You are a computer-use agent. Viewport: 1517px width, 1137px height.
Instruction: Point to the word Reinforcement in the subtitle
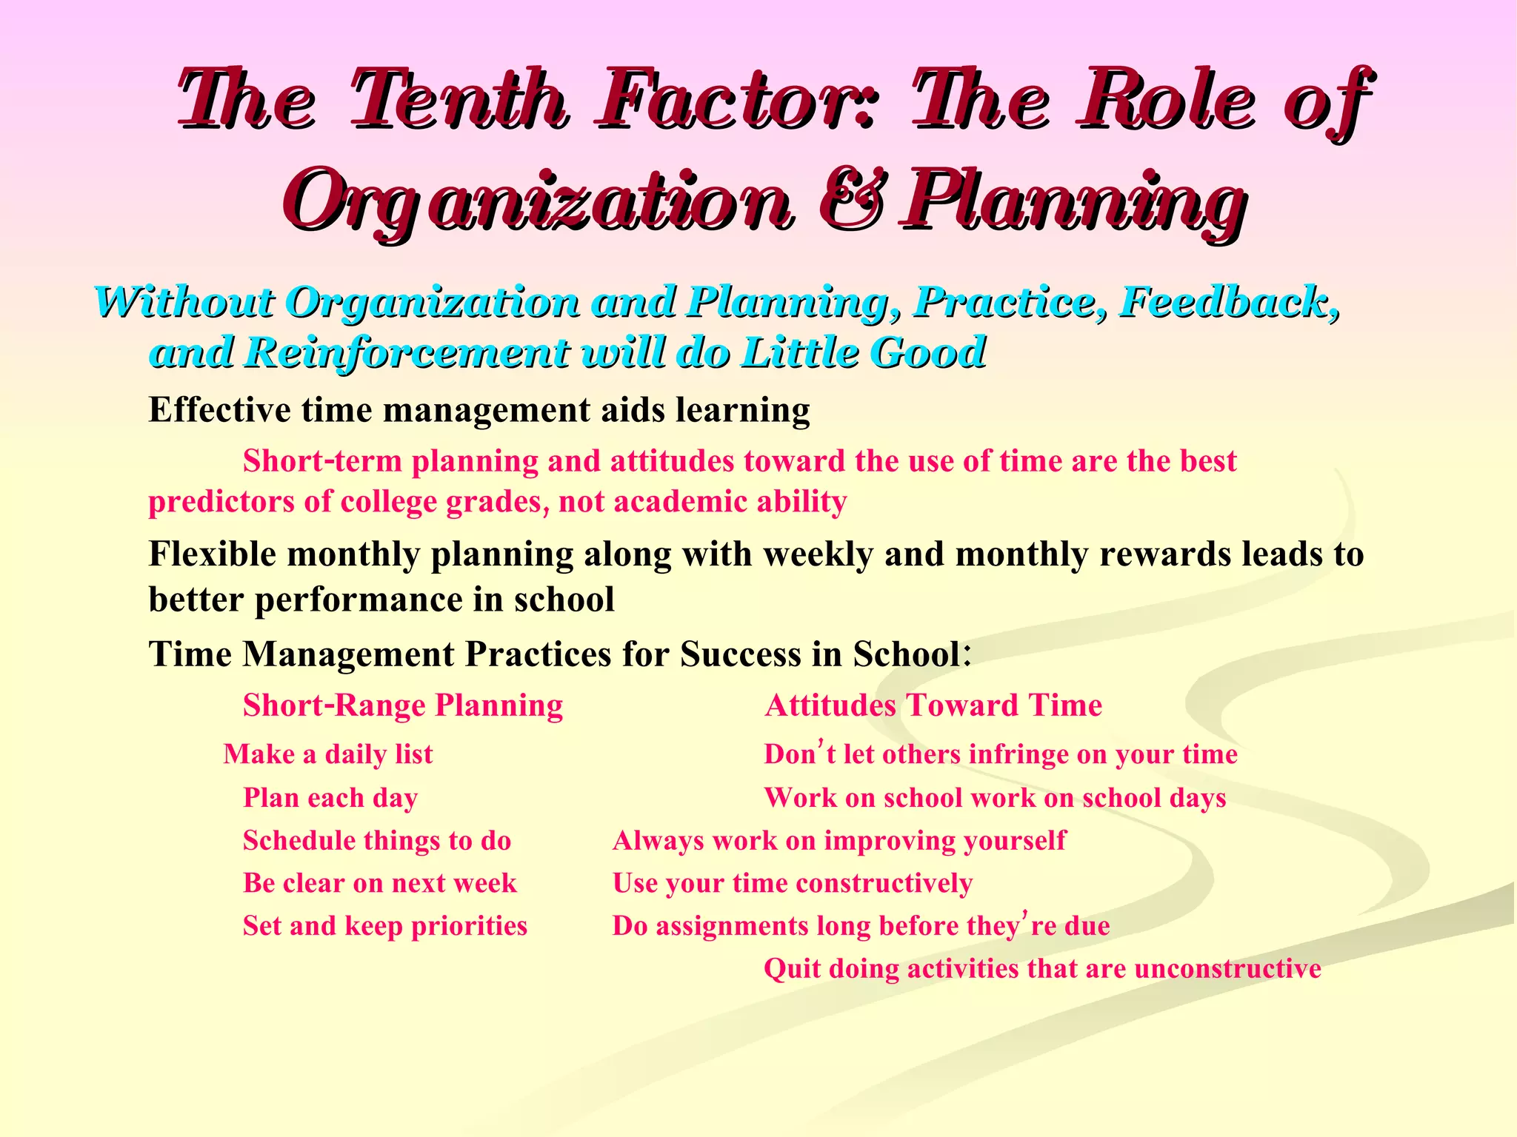407,352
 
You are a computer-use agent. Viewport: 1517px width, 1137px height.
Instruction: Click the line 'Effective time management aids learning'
479,409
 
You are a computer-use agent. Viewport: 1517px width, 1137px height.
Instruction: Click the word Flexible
213,554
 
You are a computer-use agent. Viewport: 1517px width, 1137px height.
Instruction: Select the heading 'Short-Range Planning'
403,705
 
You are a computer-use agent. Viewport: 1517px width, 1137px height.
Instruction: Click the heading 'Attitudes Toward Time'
933,705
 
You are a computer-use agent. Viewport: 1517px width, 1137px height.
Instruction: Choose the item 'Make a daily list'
328,754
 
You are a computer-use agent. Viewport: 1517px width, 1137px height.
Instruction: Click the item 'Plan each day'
330,798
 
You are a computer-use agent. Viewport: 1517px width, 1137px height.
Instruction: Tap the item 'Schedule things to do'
377,841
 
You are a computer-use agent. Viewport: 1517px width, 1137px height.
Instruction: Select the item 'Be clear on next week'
380,883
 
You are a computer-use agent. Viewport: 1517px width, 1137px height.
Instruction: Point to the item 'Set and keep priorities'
385,926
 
